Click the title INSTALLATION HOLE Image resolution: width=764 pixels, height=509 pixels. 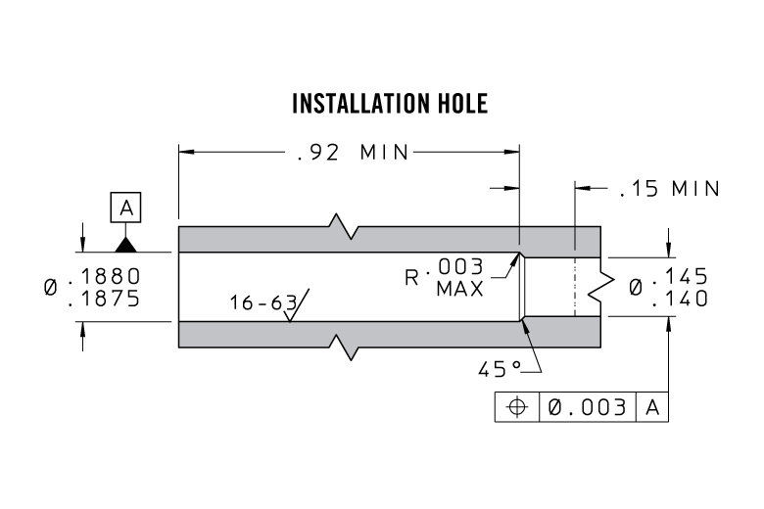(390, 103)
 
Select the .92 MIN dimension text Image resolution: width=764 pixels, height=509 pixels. (353, 153)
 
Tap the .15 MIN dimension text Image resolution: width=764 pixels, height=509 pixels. (669, 189)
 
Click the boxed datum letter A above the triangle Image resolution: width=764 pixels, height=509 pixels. (125, 208)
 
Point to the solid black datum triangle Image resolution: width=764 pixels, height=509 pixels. (125, 245)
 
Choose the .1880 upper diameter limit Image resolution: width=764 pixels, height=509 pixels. (104, 276)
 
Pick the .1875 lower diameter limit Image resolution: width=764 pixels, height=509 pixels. (104, 299)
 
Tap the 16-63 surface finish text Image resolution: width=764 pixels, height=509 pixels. (263, 302)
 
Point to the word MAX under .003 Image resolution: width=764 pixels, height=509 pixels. (460, 289)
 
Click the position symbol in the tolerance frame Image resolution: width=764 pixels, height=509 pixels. (517, 407)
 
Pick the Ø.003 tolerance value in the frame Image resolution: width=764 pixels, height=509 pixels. (587, 407)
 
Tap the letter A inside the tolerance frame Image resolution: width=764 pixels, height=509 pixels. (652, 407)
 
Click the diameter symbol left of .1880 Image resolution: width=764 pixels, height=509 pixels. (50, 287)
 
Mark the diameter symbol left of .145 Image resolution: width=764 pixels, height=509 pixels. (636, 288)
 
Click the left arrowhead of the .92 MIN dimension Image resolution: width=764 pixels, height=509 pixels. (186, 152)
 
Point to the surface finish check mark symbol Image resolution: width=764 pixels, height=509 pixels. (296, 305)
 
